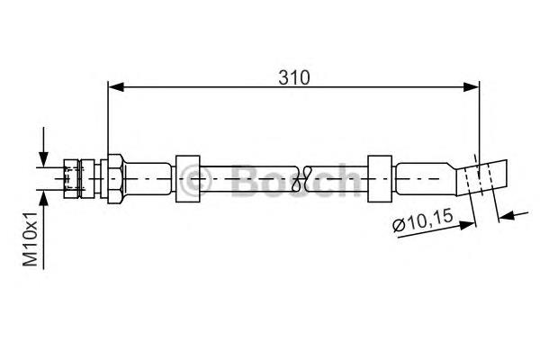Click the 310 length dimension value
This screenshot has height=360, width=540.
[294, 77]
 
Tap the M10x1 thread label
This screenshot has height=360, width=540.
[31, 239]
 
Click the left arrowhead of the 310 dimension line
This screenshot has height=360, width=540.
[116, 86]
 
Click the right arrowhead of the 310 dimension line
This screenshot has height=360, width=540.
[471, 86]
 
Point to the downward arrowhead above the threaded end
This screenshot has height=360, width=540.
[43, 159]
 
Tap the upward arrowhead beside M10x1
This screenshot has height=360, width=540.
[43, 198]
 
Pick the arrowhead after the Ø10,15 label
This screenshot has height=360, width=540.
[467, 225]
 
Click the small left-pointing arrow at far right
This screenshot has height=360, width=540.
[507, 216]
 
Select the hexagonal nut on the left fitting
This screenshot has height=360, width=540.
[114, 179]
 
